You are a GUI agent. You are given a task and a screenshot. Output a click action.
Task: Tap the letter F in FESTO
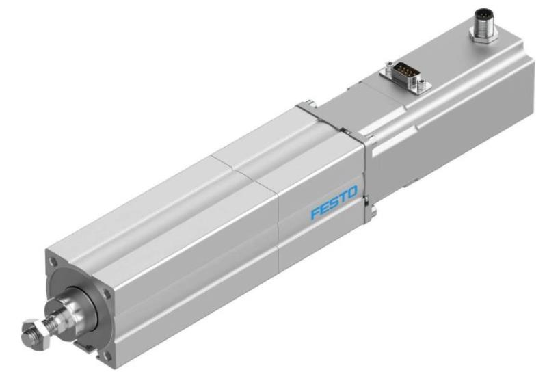click(x=315, y=214)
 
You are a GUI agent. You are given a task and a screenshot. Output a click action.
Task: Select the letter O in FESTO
click(x=351, y=200)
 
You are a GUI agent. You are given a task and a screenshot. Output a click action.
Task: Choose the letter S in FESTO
click(x=333, y=207)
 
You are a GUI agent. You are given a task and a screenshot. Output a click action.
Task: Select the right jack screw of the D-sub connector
click(x=425, y=83)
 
